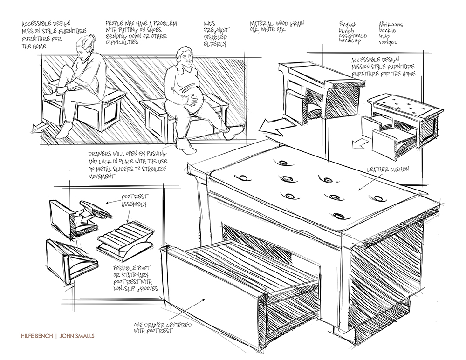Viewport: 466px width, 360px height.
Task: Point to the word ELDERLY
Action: [215, 45]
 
